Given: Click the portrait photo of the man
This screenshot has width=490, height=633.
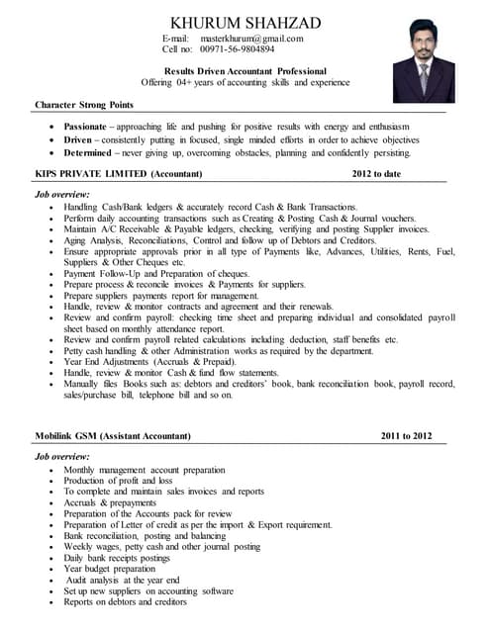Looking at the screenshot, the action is click(424, 64).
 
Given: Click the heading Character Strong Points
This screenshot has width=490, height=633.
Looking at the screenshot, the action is click(84, 104).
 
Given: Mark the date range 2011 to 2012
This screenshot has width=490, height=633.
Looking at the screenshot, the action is click(406, 435).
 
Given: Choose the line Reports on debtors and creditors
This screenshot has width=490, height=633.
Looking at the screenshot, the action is click(126, 601).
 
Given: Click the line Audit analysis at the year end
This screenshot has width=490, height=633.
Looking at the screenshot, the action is click(122, 580).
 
